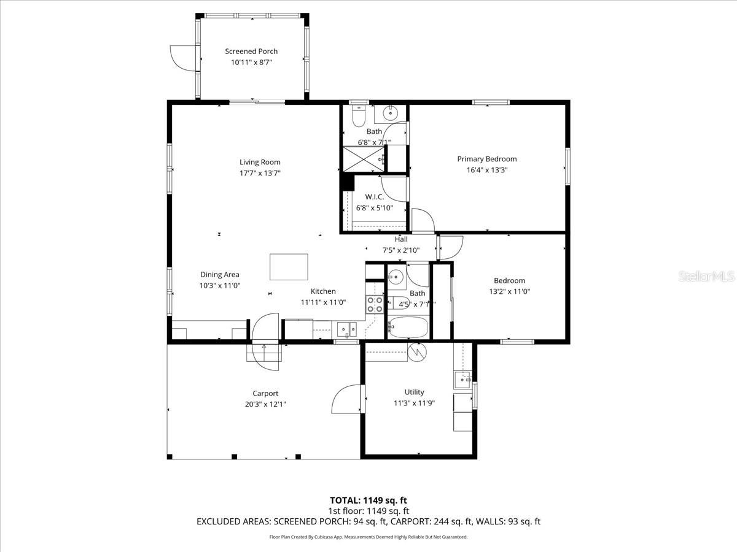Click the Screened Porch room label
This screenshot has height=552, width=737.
[x=251, y=52]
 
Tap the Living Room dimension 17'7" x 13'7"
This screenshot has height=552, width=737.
[x=260, y=173]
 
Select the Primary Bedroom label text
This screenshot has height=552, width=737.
[x=486, y=159]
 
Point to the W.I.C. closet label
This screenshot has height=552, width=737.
[x=374, y=197]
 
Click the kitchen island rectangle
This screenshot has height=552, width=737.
[x=289, y=267]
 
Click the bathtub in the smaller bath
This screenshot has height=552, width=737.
[x=408, y=328]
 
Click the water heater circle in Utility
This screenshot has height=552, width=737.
[x=416, y=351]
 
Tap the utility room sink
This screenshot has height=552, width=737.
[x=462, y=380]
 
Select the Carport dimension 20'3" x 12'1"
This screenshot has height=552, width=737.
[x=265, y=404]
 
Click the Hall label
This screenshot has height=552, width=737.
[x=401, y=239]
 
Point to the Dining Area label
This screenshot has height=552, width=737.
[x=219, y=275]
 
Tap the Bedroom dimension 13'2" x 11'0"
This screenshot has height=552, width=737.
[x=509, y=292]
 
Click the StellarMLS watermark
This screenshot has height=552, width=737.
[x=706, y=277]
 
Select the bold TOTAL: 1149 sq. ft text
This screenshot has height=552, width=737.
[x=368, y=500]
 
